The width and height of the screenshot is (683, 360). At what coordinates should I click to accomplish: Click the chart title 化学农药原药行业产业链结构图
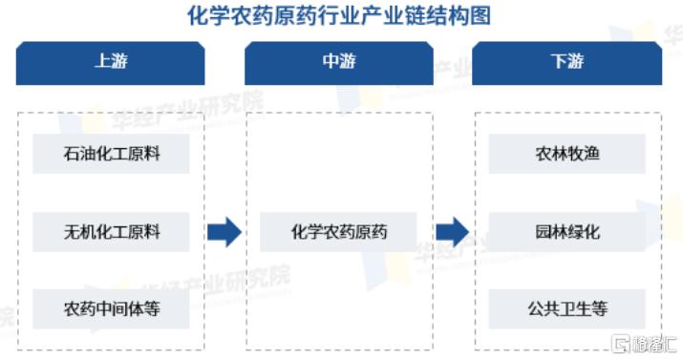pyautogui.click(x=340, y=16)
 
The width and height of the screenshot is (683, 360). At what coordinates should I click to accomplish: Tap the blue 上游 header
pyautogui.click(x=111, y=62)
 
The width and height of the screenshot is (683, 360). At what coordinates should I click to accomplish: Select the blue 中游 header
pyautogui.click(x=339, y=62)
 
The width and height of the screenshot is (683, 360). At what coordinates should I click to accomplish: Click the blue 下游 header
pyautogui.click(x=566, y=62)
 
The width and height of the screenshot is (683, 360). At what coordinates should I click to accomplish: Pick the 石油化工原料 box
pyautogui.click(x=111, y=154)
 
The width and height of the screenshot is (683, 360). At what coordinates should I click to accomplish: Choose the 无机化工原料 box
pyautogui.click(x=111, y=231)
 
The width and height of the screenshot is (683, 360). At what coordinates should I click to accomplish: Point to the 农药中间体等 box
pyautogui.click(x=111, y=308)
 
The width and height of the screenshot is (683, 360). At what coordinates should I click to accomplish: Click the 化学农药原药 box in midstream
pyautogui.click(x=339, y=231)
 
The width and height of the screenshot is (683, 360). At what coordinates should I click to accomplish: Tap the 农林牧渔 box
pyautogui.click(x=566, y=154)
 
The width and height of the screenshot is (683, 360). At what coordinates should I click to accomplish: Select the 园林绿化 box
pyautogui.click(x=566, y=231)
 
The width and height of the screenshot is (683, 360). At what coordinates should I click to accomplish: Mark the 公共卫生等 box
pyautogui.click(x=566, y=308)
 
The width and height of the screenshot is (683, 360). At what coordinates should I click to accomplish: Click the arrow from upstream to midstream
pyautogui.click(x=224, y=231)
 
